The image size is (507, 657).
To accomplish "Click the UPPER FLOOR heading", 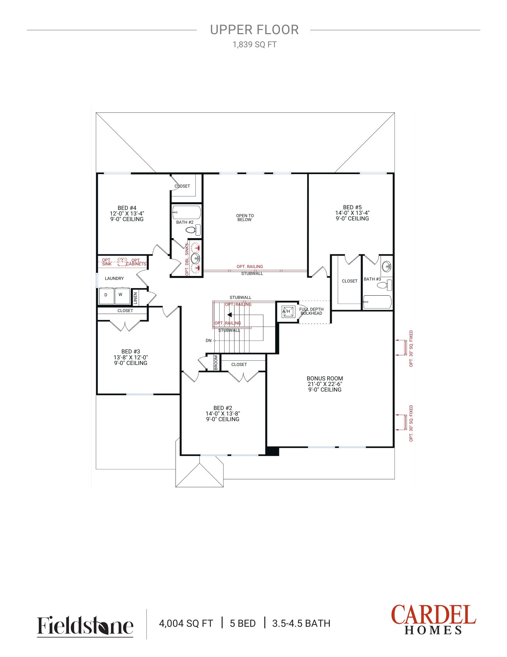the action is click(254, 30).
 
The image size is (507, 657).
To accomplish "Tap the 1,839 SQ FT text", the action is click(255, 45).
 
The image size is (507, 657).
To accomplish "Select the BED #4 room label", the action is click(127, 208).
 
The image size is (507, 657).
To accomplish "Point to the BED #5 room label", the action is click(352, 207).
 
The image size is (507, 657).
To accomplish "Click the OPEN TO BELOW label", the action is click(245, 218).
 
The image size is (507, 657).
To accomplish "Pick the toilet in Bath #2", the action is click(193, 230).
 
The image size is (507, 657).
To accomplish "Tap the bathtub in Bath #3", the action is click(377, 302).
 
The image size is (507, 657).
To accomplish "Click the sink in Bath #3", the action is click(387, 266).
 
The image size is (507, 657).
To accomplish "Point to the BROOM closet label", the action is click(216, 362).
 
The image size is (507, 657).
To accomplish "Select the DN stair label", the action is click(208, 341).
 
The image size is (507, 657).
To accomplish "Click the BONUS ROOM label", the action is click(325, 378).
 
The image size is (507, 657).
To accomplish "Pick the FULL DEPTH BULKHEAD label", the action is click(311, 311).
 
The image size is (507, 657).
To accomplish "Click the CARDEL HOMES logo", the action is click(433, 620).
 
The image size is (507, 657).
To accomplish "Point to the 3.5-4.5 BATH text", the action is click(301, 623).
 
